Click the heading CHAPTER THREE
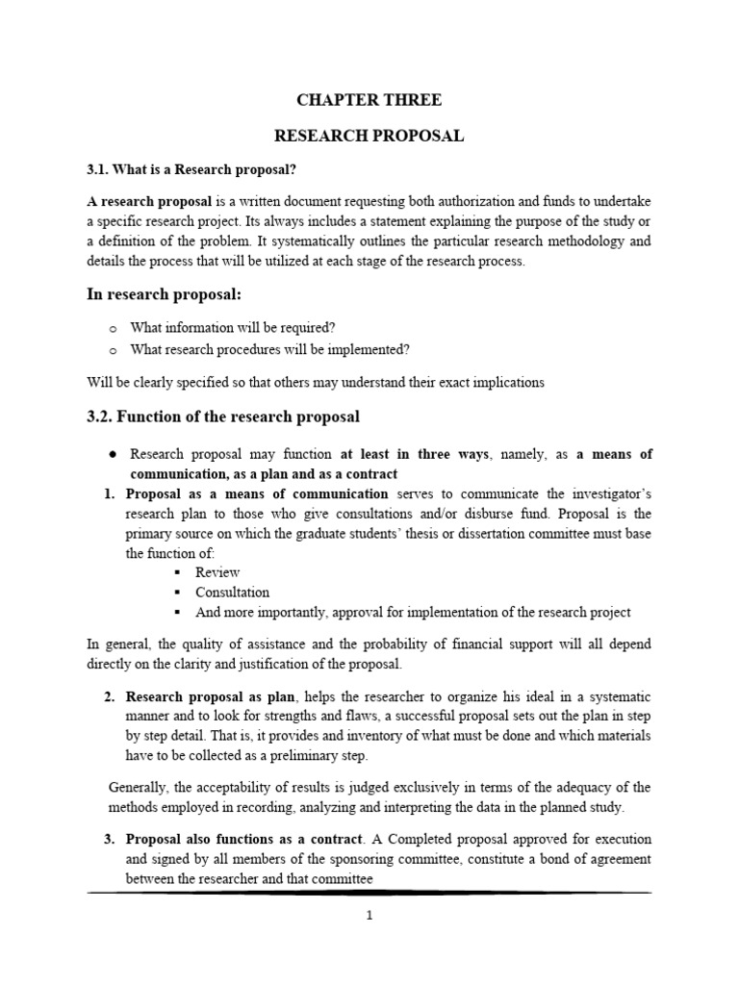369,99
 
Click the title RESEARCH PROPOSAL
369,136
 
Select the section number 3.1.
98,169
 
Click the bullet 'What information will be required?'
233,327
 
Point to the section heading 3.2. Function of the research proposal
223,417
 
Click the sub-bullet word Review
217,572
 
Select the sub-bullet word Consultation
232,593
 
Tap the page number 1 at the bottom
369,915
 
